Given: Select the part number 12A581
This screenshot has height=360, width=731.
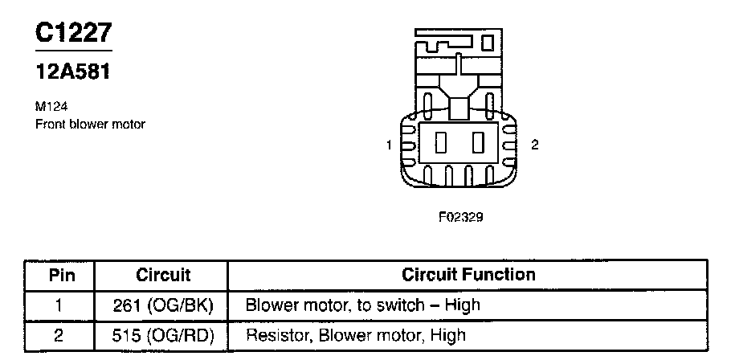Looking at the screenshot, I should (72, 72).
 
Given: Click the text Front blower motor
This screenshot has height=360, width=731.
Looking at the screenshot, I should (90, 125).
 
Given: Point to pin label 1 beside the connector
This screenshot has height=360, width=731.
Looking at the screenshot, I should (389, 145).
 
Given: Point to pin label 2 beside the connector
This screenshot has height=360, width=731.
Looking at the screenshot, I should (535, 145).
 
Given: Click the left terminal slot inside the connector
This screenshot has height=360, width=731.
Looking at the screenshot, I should (440, 144).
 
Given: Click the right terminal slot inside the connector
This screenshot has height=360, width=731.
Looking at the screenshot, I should (479, 144).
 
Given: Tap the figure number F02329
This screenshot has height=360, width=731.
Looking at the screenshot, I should (461, 216).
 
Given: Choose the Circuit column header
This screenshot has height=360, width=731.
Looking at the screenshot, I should (163, 275).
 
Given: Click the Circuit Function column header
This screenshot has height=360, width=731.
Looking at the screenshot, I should (469, 275).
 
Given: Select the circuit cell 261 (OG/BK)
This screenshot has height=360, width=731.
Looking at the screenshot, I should (163, 305).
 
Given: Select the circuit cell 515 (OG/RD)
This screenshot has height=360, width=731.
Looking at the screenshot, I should (163, 335).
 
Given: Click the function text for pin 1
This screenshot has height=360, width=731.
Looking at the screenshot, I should (362, 305).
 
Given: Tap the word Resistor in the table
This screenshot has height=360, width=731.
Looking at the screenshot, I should (274, 335).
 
